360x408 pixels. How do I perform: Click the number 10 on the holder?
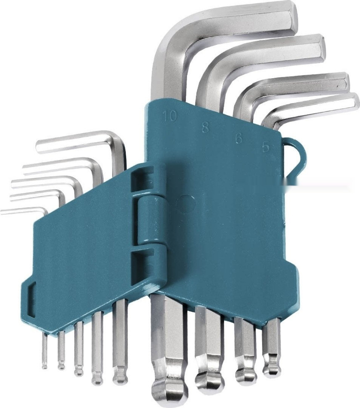point(169,116)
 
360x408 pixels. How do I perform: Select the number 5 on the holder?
point(265,148)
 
